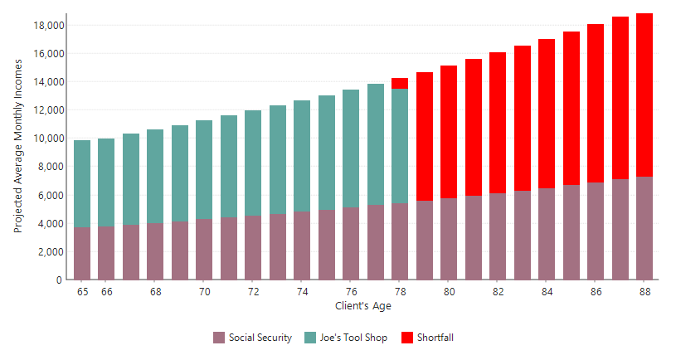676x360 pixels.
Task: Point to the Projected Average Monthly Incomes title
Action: pyautogui.click(x=18, y=148)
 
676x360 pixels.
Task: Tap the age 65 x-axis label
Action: pyautogui.click(x=82, y=292)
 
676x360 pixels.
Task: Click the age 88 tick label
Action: pyautogui.click(x=644, y=292)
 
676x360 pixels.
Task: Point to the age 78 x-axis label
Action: pyautogui.click(x=400, y=292)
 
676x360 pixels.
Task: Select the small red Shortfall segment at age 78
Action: pyautogui.click(x=400, y=83)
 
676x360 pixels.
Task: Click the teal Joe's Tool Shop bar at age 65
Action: pyautogui.click(x=82, y=183)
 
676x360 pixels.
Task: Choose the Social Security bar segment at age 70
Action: pyautogui.click(x=204, y=249)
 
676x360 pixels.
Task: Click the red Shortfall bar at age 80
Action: pyautogui.click(x=449, y=132)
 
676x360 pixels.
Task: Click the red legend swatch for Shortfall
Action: pyautogui.click(x=407, y=338)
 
